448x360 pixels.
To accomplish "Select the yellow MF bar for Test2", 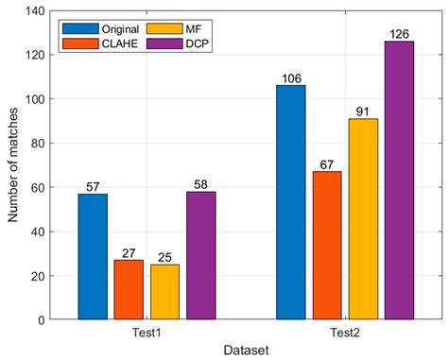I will pyautogui.click(x=363, y=219).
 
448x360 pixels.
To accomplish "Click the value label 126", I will pyautogui.click(x=399, y=34).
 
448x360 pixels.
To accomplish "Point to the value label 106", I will pyautogui.click(x=291, y=78).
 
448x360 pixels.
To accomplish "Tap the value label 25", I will pyautogui.click(x=164, y=258).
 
